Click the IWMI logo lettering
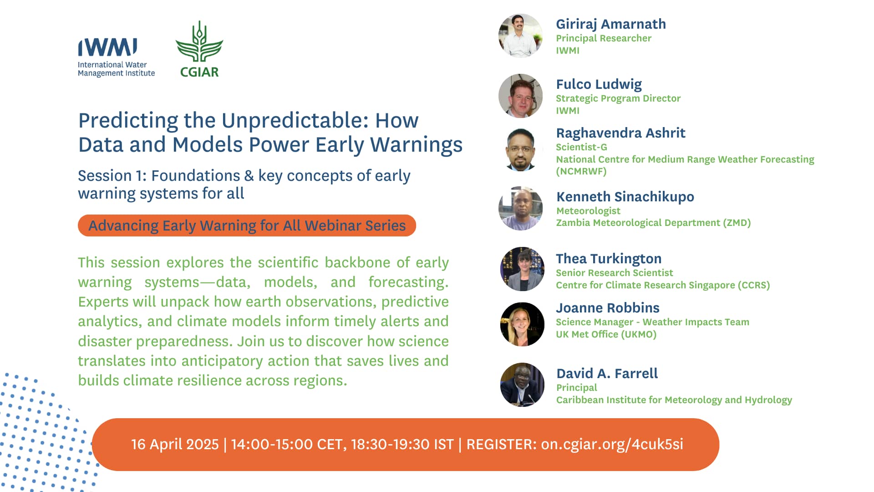pyautogui.click(x=107, y=47)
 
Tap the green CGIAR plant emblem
pyautogui.click(x=199, y=41)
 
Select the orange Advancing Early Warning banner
pyautogui.click(x=247, y=225)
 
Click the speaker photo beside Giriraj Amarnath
pyautogui.click(x=521, y=36)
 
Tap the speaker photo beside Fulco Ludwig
pyautogui.click(x=521, y=96)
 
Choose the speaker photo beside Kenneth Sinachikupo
pyautogui.click(x=521, y=208)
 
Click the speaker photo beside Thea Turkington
pyautogui.click(x=522, y=269)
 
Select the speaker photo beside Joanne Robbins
pyautogui.click(x=522, y=324)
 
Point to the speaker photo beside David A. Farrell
pyautogui.click(x=522, y=384)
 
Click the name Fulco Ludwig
pyautogui.click(x=599, y=84)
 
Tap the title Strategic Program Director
pyautogui.click(x=618, y=98)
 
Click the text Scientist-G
pyautogui.click(x=581, y=147)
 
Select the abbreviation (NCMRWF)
pyautogui.click(x=581, y=171)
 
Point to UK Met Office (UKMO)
pyautogui.click(x=606, y=334)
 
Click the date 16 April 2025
pyautogui.click(x=175, y=444)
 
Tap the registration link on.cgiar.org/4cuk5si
pyautogui.click(x=612, y=445)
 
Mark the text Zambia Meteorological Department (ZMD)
pyautogui.click(x=653, y=223)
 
